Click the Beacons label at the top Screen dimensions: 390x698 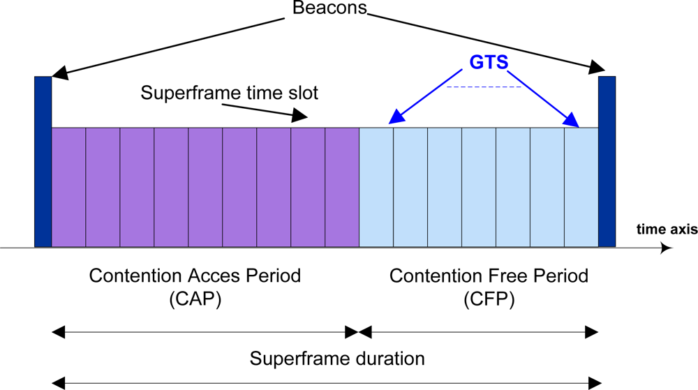tap(330, 9)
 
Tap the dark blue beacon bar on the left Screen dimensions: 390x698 tap(43, 161)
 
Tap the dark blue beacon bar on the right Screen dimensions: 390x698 tap(607, 161)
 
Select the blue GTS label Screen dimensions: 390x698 tap(488, 63)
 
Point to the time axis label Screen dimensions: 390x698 tap(667, 229)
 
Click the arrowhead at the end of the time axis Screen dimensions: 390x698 tap(668, 248)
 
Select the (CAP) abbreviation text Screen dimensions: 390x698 tap(195, 299)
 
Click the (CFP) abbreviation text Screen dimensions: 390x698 tap(489, 299)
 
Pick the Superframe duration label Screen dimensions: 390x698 tap(337, 359)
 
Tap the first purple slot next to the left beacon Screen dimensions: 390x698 tap(68, 187)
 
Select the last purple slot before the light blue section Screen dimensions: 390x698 tap(342, 187)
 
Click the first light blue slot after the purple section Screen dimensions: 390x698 tap(376, 187)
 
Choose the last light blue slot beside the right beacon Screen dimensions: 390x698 tap(581, 187)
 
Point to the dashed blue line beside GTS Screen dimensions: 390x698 tap(484, 87)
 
